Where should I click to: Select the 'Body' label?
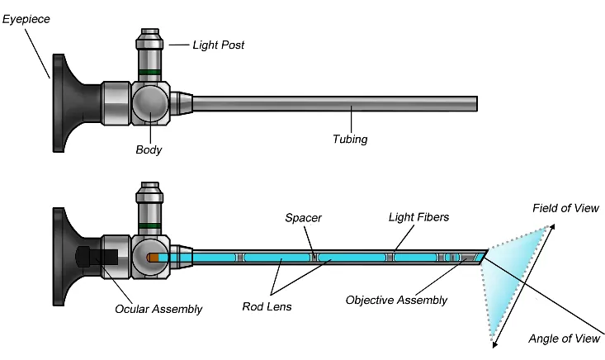tap(149, 149)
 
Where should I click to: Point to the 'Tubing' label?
tap(350, 140)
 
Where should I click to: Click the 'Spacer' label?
tap(303, 218)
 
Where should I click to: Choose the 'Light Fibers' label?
tap(418, 218)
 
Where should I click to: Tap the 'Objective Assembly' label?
tap(396, 300)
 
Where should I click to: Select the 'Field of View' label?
tap(565, 208)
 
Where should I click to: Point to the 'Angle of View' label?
tap(565, 339)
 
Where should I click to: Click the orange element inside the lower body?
tap(152, 258)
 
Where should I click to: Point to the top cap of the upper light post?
tap(149, 36)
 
